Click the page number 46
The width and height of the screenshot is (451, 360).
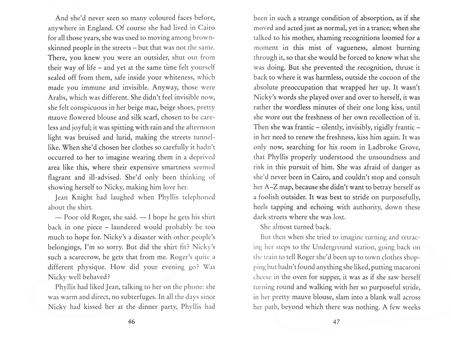coord(131,322)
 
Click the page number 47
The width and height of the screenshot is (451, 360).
coord(336,322)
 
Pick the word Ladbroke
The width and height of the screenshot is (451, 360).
coord(379,147)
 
